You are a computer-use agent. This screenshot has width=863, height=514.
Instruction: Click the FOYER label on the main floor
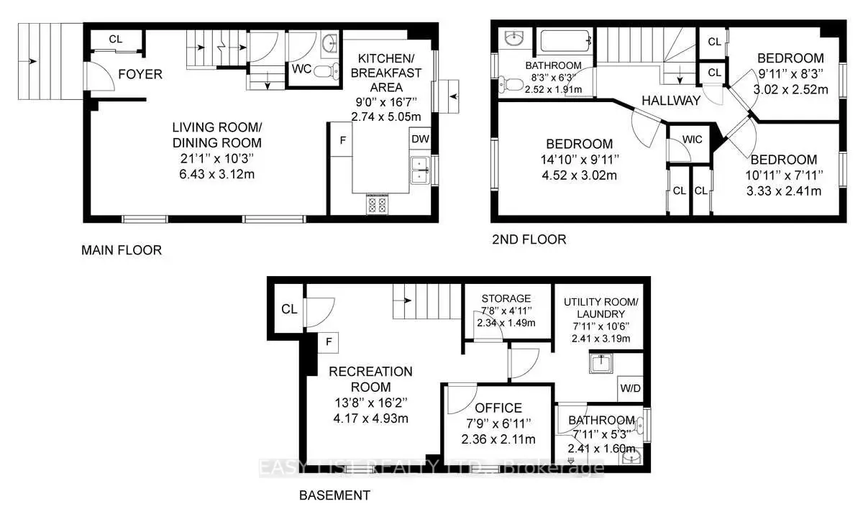[140, 74]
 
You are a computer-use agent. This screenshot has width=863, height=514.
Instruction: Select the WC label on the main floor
[301, 70]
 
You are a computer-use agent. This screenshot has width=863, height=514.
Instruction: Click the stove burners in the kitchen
[378, 205]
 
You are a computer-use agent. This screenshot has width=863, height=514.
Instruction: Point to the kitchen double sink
[419, 170]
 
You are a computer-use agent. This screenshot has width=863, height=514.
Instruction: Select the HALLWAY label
[672, 101]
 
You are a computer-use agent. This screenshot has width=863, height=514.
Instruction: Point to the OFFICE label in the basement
[498, 408]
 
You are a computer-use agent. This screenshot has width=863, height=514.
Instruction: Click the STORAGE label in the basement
[506, 298]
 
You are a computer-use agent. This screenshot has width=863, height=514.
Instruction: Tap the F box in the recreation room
[329, 342]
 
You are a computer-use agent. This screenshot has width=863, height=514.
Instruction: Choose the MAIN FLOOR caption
[121, 251]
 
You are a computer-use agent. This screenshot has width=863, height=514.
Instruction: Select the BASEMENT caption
[334, 495]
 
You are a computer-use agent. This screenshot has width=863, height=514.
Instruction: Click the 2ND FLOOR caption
[529, 239]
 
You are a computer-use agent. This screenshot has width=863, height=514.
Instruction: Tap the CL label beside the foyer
[116, 40]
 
